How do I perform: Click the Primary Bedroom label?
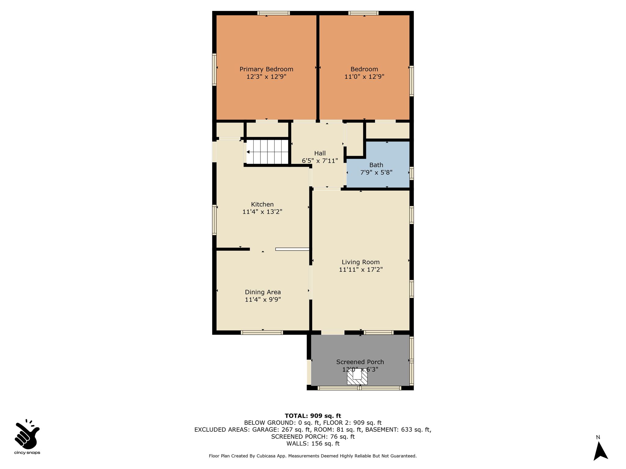click(266, 69)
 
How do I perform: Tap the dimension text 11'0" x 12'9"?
click(364, 77)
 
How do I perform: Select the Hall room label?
click(320, 153)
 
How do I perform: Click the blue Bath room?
click(378, 165)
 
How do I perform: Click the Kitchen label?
click(262, 205)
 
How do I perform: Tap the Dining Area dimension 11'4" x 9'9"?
click(263, 300)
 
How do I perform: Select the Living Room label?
click(361, 262)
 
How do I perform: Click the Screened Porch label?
click(360, 362)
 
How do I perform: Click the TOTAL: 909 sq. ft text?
click(313, 416)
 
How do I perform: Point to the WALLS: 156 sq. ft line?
click(313, 444)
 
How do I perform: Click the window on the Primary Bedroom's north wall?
click(274, 13)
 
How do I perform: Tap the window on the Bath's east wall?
click(412, 173)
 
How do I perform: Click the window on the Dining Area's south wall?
click(262, 333)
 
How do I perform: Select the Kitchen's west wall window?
click(214, 220)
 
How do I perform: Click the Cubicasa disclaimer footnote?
click(313, 456)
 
